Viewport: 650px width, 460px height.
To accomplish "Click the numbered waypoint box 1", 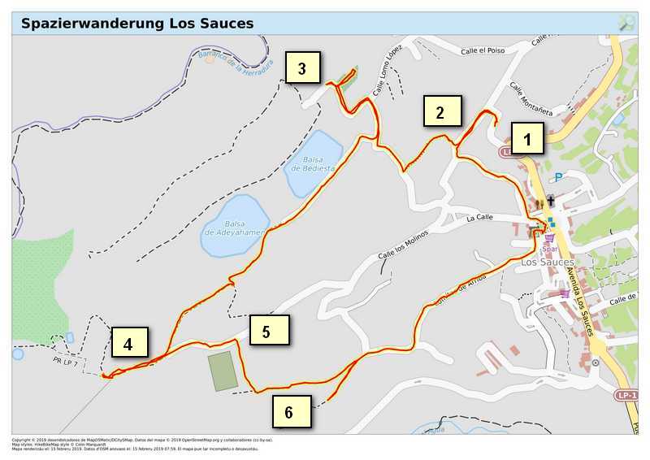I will point(527,139).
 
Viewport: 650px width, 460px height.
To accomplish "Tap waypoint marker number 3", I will point(302,68).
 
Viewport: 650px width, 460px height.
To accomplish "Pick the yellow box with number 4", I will point(129,343).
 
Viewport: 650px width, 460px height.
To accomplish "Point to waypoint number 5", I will point(269,330).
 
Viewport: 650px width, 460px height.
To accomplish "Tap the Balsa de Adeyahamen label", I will point(235,228).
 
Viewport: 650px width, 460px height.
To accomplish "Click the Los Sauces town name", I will point(547,263).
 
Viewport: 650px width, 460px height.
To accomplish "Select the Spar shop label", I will point(550,250).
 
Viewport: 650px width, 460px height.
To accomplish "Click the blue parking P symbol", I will point(557,178).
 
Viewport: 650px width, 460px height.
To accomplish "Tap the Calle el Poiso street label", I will point(483,50).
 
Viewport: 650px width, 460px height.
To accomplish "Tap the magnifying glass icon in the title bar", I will point(626,23).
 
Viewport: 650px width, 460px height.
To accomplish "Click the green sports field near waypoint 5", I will point(222,371).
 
